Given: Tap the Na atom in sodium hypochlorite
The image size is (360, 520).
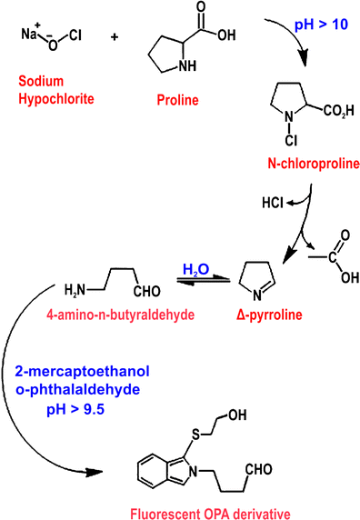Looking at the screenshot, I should (28, 34).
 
